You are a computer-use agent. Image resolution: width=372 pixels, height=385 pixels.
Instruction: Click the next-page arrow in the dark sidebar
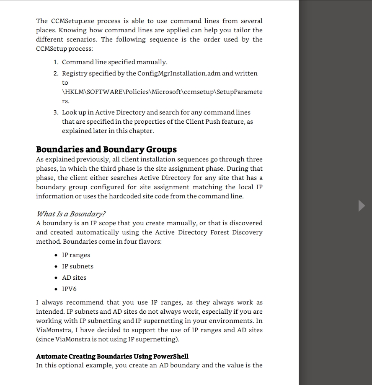362,206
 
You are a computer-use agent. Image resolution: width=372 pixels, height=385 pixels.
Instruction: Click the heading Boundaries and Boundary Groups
106,149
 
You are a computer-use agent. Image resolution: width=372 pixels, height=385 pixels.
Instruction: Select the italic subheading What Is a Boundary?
71,214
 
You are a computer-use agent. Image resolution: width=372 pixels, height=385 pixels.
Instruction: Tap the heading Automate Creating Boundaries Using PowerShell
112,356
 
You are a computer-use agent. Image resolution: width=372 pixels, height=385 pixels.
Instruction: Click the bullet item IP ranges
76,255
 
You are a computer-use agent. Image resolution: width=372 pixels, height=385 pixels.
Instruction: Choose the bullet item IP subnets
77,266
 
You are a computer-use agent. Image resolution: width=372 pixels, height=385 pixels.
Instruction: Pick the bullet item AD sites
74,278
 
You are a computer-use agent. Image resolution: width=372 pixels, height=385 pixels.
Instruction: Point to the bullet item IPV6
69,289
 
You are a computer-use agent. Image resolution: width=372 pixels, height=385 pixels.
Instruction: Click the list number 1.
56,62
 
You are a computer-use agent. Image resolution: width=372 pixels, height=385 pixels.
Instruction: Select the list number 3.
56,112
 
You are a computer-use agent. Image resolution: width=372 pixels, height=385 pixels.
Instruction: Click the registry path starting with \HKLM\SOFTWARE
162,92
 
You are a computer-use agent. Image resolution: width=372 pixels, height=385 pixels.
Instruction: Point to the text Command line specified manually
114,62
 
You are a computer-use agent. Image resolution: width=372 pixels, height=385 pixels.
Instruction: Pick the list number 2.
56,73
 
